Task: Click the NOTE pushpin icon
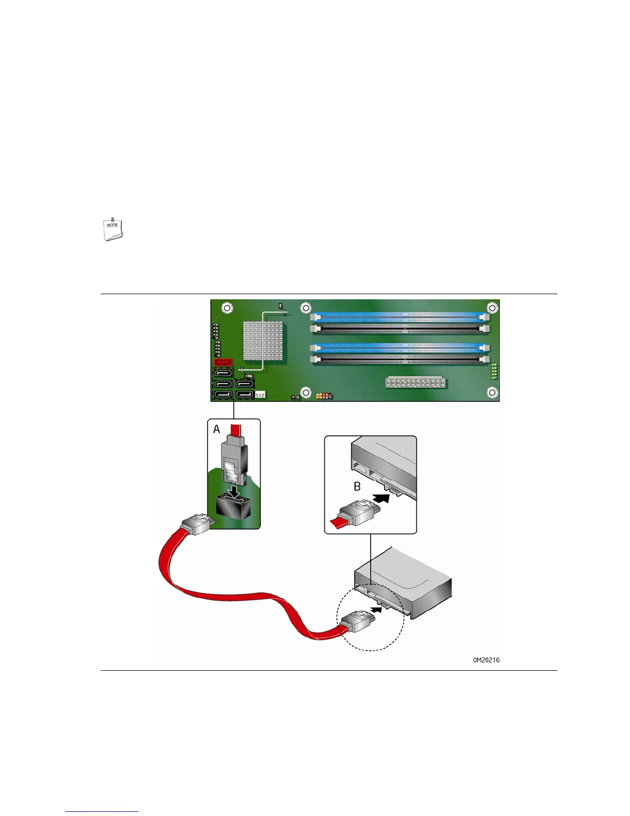[x=113, y=230]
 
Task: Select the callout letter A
[x=217, y=429]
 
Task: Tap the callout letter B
[x=357, y=486]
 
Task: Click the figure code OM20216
[x=486, y=660]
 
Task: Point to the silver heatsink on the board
[x=262, y=341]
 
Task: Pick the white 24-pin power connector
[x=415, y=382]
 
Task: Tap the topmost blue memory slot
[x=400, y=314]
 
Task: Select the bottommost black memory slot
[x=400, y=360]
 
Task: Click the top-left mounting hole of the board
[x=226, y=309]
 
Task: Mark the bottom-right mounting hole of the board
[x=492, y=393]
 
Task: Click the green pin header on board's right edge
[x=494, y=371]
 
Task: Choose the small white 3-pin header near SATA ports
[x=260, y=395]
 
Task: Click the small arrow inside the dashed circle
[x=377, y=610]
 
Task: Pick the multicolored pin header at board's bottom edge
[x=324, y=396]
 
